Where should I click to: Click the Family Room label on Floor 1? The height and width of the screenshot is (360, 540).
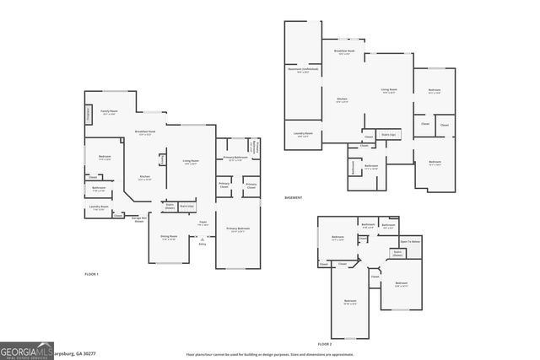(109, 112)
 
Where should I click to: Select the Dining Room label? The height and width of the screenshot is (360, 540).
(169, 238)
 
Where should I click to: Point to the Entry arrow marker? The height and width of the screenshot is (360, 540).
(202, 242)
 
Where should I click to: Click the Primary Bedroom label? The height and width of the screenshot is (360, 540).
(236, 229)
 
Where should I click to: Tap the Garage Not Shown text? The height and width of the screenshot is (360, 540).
(138, 219)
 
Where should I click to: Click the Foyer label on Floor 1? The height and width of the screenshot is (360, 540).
(202, 224)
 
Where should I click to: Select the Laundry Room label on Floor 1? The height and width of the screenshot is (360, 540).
(98, 207)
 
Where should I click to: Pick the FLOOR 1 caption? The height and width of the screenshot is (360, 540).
(91, 275)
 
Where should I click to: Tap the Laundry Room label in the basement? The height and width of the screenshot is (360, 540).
(303, 133)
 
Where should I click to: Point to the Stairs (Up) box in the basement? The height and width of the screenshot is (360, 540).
(388, 134)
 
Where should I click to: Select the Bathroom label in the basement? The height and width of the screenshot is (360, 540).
(371, 166)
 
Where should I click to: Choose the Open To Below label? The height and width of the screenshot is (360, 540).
(410, 241)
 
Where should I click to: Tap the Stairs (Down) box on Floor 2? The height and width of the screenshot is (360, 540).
(397, 252)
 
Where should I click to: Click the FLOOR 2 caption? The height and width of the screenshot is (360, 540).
(325, 345)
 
